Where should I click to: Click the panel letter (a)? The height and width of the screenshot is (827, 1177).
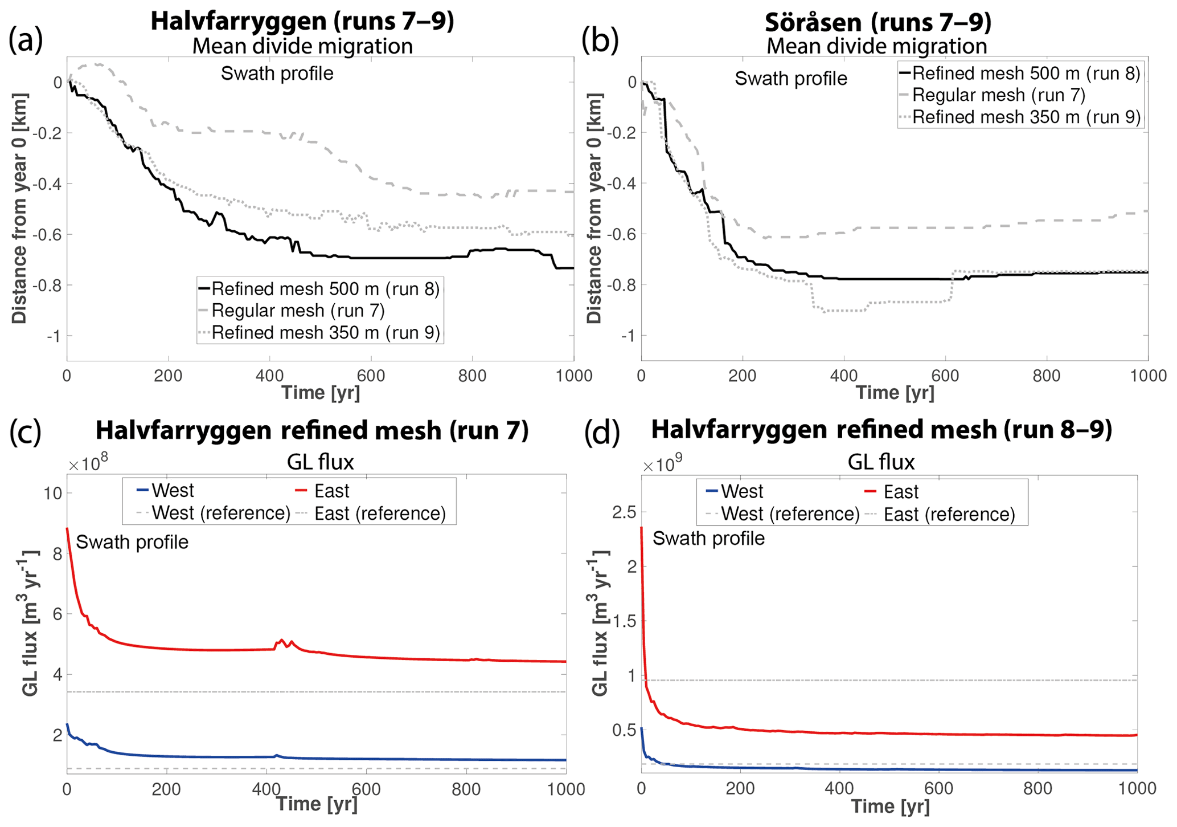[26, 41]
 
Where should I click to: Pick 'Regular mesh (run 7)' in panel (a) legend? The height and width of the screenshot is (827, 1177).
[298, 311]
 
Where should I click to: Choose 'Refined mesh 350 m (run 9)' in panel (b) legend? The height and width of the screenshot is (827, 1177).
[1026, 117]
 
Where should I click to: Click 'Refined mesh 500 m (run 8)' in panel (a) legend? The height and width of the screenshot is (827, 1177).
[325, 289]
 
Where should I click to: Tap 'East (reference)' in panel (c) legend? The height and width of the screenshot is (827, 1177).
[380, 514]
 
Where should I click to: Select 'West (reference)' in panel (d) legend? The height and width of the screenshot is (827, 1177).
[790, 514]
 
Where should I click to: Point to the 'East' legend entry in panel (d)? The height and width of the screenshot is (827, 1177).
[901, 492]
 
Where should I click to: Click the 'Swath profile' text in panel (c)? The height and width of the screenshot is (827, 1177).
[132, 542]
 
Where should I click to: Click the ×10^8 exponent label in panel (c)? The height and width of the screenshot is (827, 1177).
[88, 464]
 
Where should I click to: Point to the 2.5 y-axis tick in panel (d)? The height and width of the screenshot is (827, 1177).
[624, 513]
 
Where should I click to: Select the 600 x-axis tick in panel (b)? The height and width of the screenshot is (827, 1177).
[945, 376]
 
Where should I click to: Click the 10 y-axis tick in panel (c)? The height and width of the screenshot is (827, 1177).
[52, 493]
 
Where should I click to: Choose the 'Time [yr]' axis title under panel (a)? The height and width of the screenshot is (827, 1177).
[321, 393]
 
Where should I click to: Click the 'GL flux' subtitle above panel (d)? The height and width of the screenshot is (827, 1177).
[881, 462]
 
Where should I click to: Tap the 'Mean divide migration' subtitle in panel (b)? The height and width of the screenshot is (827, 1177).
[877, 46]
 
